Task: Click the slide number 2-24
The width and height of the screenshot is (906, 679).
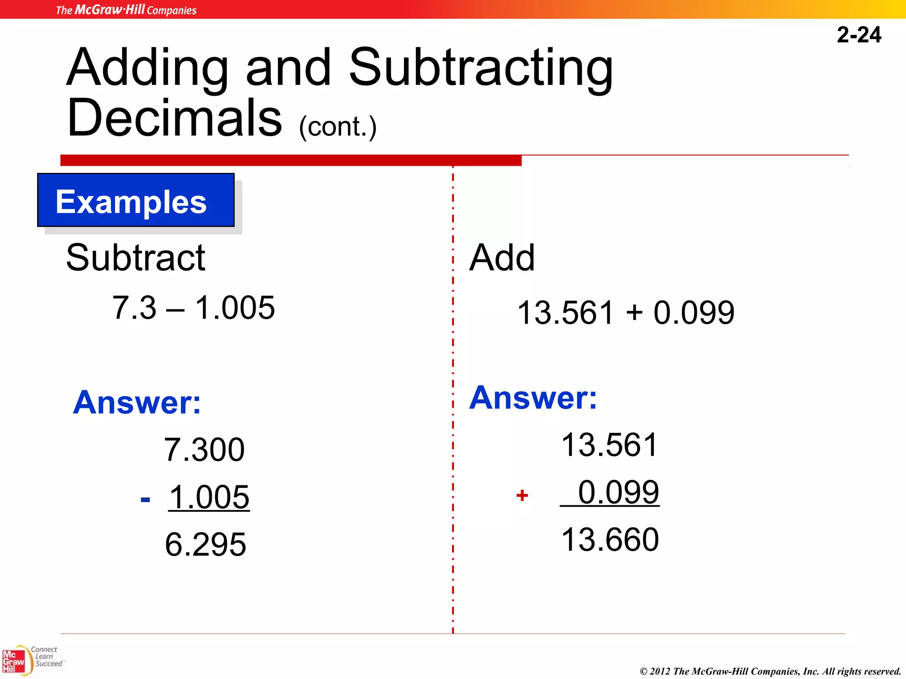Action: pos(859,35)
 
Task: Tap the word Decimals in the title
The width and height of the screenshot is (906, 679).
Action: pos(174,118)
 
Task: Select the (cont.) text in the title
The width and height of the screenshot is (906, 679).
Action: pos(338,127)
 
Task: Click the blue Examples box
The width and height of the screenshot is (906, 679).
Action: pos(136,200)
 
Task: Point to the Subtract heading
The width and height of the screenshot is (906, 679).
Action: pos(135,258)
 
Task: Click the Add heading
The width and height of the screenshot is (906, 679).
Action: pos(502,258)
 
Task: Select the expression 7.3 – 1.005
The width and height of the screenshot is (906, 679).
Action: pos(193,308)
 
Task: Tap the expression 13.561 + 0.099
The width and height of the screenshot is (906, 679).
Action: pos(626,313)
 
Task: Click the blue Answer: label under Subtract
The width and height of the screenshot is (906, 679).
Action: pos(137,402)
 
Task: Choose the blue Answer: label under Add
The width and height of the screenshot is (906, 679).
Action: pos(533,398)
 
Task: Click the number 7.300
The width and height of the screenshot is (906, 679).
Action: pos(204,450)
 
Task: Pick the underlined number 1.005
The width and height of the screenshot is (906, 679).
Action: pos(209,497)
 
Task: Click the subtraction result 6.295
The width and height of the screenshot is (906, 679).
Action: pos(205,544)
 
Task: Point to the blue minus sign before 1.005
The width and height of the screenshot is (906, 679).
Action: pos(145,500)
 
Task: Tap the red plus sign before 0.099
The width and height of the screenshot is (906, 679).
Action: pos(522,495)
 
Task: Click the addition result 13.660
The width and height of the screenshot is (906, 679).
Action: pos(610,540)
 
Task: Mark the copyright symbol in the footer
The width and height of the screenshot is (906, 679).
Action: pos(644,671)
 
